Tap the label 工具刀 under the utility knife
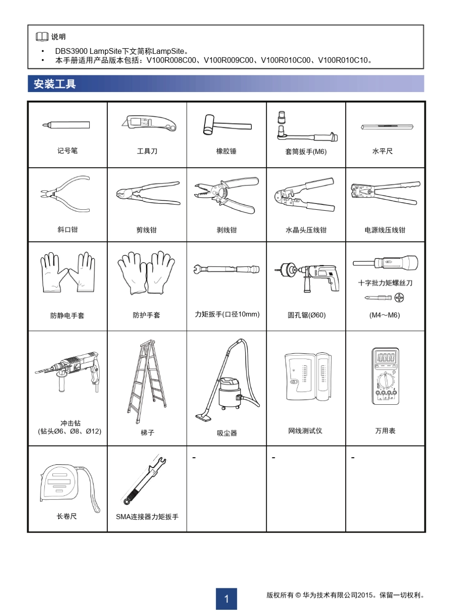pos(147,151)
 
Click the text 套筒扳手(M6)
pos(306,152)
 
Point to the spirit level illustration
pos(387,127)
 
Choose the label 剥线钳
pos(226,230)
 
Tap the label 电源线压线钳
pos(385,230)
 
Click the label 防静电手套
pos(67,315)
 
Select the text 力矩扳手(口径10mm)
pos(227,314)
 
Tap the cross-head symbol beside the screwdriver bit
pos(400,298)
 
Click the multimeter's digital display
pos(385,358)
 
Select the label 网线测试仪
pos(305,431)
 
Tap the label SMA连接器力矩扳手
pos(147,516)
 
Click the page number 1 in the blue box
pos(226,599)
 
